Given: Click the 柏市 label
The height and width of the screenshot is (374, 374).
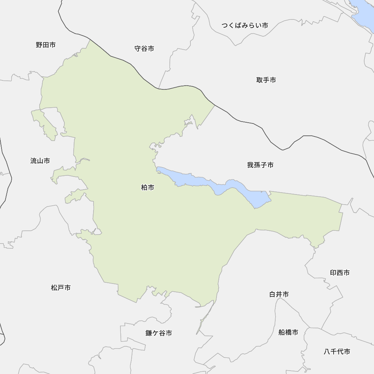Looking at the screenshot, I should [x=148, y=188].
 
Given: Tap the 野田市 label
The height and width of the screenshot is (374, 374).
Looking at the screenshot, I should [x=46, y=45].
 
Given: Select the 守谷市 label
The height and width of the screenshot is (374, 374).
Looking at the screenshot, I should [x=144, y=49].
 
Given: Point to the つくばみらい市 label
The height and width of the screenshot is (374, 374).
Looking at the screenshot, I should [x=245, y=25].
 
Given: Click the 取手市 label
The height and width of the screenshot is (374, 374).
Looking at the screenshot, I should [x=266, y=80].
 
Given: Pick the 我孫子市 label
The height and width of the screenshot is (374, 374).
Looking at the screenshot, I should [x=260, y=165].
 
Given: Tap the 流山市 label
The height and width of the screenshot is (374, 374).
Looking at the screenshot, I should [x=40, y=161].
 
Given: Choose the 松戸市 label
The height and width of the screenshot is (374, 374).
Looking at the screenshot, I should [x=61, y=288].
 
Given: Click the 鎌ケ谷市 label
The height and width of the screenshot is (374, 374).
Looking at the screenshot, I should [x=159, y=333].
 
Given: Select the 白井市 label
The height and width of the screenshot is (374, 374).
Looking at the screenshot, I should [x=279, y=295].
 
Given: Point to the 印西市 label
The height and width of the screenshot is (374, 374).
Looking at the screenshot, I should [x=340, y=273].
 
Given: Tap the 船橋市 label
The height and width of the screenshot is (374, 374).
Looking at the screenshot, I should [x=288, y=332].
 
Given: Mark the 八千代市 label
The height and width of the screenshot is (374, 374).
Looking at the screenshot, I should [x=337, y=352].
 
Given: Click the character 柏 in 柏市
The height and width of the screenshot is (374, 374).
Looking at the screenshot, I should [x=144, y=188].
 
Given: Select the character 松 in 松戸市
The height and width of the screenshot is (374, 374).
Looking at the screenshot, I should [x=54, y=288].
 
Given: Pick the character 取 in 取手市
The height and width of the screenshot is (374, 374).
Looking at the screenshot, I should [x=260, y=80].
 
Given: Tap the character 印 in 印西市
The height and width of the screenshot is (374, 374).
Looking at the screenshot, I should [x=333, y=273].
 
